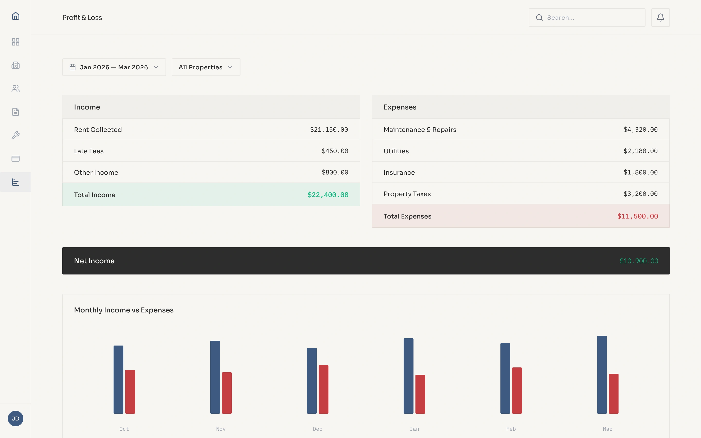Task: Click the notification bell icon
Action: (660, 18)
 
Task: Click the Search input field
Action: (591, 18)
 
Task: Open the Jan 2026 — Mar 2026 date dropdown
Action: (114, 67)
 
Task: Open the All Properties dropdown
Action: (206, 67)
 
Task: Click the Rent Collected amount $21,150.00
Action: (329, 129)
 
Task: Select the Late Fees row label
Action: (89, 151)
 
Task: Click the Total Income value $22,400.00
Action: (328, 195)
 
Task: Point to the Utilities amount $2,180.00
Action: (640, 151)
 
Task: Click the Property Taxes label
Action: (407, 194)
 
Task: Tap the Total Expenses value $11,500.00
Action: (637, 216)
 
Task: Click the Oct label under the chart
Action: (124, 429)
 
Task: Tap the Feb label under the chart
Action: (511, 429)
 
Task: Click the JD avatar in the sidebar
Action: (15, 418)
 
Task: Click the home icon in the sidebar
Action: (15, 16)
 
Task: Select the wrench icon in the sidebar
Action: (15, 135)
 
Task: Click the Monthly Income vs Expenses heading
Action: (124, 310)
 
